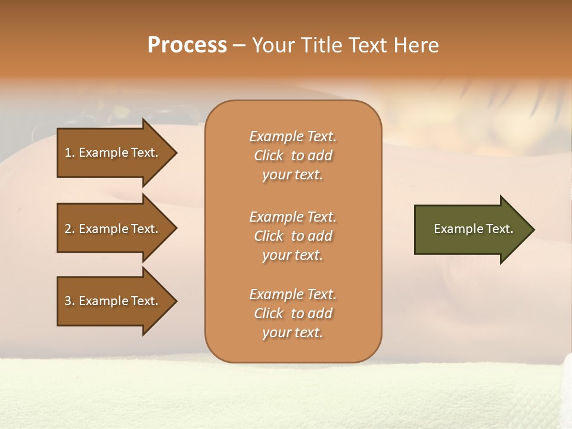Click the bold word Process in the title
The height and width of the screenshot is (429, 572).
point(187,45)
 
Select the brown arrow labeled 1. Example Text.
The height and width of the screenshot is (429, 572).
point(111,153)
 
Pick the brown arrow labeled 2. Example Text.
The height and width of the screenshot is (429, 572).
point(111,229)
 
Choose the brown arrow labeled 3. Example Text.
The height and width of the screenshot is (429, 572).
point(111,301)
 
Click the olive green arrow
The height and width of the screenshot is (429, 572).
point(471,229)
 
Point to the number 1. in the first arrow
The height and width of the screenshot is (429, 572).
point(70,153)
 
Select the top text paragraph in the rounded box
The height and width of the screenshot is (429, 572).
point(293,156)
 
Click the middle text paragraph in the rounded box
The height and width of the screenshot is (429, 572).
point(293,235)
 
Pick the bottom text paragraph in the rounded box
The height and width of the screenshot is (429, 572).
point(293,313)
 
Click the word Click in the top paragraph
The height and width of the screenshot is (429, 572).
point(269,156)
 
